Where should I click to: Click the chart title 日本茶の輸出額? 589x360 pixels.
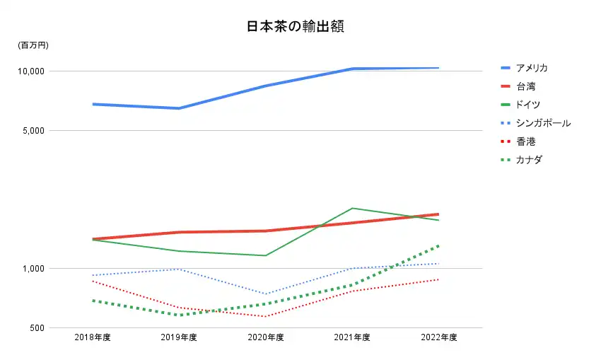[x=296, y=28]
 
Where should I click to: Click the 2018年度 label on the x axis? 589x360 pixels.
[x=93, y=337]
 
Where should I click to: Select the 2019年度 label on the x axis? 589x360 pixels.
[x=179, y=337]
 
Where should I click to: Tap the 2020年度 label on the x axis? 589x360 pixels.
[x=266, y=337]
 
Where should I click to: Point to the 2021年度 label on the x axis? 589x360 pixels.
[x=352, y=337]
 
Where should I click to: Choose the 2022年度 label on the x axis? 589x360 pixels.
[x=439, y=337]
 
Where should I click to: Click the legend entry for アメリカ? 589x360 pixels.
[x=531, y=68]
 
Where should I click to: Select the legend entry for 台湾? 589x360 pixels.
[x=525, y=86]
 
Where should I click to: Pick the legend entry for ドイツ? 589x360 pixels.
[x=528, y=105]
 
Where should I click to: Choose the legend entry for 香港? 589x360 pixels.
[x=525, y=141]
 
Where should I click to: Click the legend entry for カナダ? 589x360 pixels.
[x=529, y=160]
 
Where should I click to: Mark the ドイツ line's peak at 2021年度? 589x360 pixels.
[x=352, y=208]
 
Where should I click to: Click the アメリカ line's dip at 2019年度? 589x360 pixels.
[x=179, y=108]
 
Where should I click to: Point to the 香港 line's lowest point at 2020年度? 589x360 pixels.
[x=266, y=316]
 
